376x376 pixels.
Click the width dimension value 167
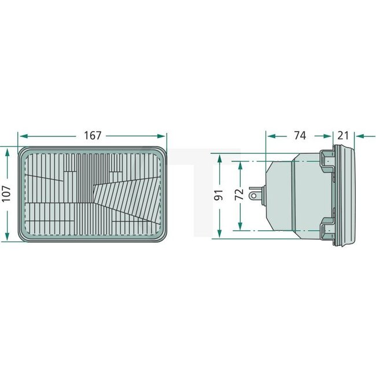coord(93,135)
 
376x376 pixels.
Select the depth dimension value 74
coord(300,135)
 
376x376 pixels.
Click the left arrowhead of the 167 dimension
coord(22,136)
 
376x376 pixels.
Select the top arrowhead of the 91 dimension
coord(219,157)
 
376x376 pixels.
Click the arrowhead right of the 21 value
coord(359,136)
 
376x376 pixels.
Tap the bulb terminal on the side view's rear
coord(254,193)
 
